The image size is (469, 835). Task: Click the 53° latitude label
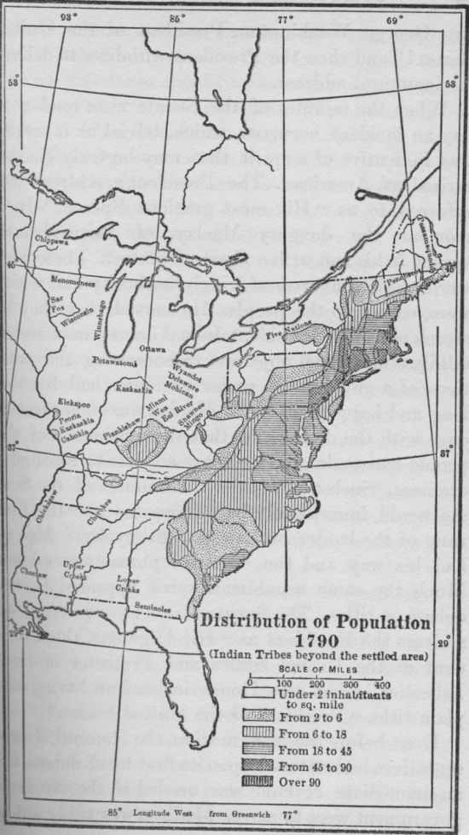12,83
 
